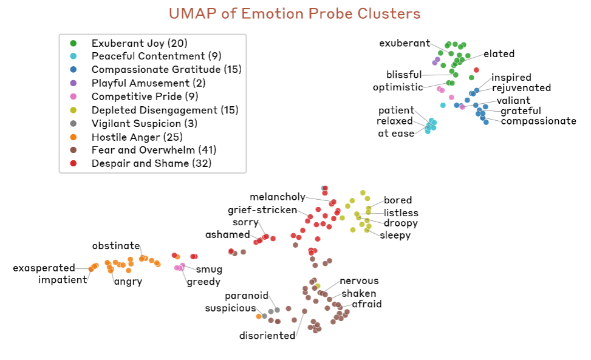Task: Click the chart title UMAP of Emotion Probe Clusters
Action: coord(295,13)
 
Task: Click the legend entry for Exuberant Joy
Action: coord(139,43)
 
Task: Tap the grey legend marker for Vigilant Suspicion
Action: coord(73,123)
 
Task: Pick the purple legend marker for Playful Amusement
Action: coord(73,83)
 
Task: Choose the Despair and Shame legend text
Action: coord(151,163)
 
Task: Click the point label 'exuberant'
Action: coord(405,43)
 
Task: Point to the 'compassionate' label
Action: coord(538,121)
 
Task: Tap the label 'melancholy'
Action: coord(278,197)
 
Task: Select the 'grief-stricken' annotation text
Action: coord(262,210)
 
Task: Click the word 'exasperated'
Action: coord(44,268)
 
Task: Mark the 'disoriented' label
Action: coord(267,336)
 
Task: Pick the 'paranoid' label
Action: coord(247,296)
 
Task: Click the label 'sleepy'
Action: coord(395,235)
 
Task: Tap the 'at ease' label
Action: coord(396,134)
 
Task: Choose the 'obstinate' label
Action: coord(116,246)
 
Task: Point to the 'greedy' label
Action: coord(203,282)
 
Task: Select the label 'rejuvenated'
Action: coord(521,89)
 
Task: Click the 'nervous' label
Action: coord(359,280)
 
